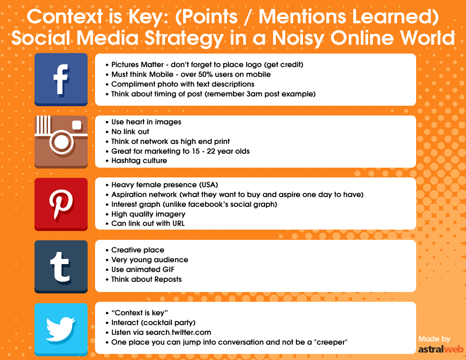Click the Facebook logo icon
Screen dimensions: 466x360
pyautogui.click(x=61, y=79)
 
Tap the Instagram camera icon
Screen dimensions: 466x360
pyautogui.click(x=61, y=142)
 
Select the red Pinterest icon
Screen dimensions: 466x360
pyautogui.click(x=61, y=204)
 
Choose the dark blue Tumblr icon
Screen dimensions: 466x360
pyautogui.click(x=61, y=267)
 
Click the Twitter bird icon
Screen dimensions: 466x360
pyautogui.click(x=61, y=329)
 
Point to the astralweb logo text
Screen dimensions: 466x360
pyautogui.click(x=441, y=349)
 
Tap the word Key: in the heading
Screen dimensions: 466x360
pyautogui.click(x=149, y=17)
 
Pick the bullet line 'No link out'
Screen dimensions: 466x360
pyautogui.click(x=127, y=132)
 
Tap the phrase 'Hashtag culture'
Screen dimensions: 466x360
pyautogui.click(x=139, y=161)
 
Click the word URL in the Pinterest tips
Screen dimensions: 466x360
pyautogui.click(x=178, y=224)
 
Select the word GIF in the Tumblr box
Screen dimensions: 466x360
pyautogui.click(x=168, y=269)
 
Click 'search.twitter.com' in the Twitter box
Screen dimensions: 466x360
pyautogui.click(x=178, y=333)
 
